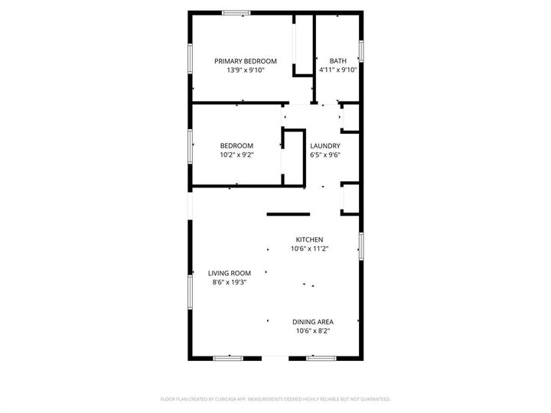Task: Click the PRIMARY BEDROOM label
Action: [245, 61]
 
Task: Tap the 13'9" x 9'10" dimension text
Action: [245, 70]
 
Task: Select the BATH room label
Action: [337, 61]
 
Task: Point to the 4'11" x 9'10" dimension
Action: [337, 70]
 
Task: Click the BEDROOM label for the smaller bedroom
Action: [236, 145]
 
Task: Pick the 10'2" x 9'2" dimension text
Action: [236, 154]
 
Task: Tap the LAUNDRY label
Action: [324, 145]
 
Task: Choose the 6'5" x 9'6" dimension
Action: [324, 154]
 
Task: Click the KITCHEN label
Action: [310, 239]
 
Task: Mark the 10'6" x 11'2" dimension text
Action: [310, 248]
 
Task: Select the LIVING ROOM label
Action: [230, 273]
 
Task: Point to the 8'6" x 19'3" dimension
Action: [230, 281]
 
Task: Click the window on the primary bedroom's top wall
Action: [236, 13]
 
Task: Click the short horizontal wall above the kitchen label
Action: [288, 214]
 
